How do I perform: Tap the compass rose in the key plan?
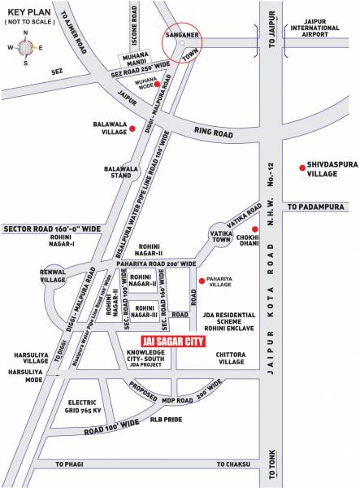tap(26, 50)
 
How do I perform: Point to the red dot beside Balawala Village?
tap(132, 128)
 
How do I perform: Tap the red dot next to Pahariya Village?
tap(201, 281)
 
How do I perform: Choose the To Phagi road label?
tap(71, 464)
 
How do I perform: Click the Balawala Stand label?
tap(122, 173)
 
